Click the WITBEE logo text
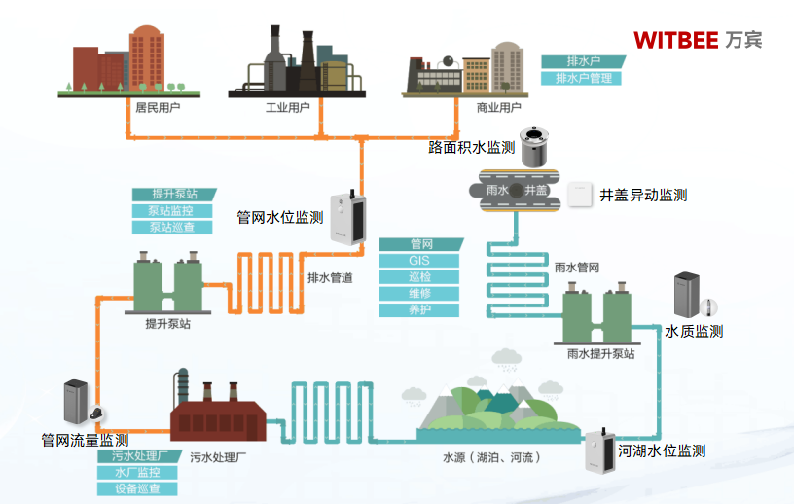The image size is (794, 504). pos(675,40)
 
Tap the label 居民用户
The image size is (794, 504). pos(158,108)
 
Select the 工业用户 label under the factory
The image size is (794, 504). pos(288,108)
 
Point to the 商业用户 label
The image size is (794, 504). pos(498,108)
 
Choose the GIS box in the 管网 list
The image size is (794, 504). pos(419,261)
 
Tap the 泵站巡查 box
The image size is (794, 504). pos(171,228)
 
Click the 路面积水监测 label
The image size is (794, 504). pos(472,148)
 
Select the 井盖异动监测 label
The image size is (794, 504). pos(643,196)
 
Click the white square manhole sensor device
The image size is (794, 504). pos(581,194)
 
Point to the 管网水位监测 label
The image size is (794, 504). pos(279,218)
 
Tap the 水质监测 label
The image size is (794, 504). pos(694,332)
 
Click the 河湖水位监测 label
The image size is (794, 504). pos(662,451)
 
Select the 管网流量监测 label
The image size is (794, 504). pos(85,441)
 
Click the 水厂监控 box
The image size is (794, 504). pos(136,472)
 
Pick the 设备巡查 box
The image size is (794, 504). pos(136,488)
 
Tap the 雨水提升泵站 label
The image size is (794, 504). pos(600,354)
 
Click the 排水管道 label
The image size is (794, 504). pos(330,278)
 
